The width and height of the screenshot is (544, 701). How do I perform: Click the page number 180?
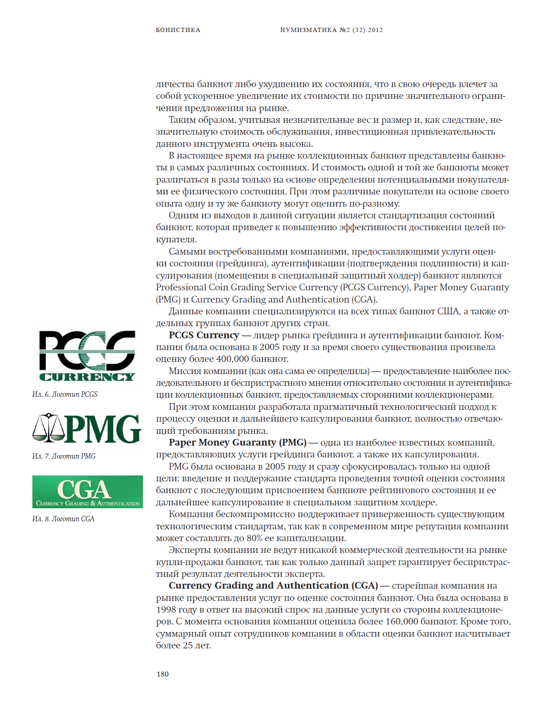tap(162, 674)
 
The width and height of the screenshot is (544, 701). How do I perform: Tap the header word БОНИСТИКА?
tap(178, 30)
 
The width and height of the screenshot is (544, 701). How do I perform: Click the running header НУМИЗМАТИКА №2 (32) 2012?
tap(331, 30)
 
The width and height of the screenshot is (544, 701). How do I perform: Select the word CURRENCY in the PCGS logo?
tap(87, 377)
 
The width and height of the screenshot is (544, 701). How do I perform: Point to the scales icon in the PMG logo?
tap(48, 428)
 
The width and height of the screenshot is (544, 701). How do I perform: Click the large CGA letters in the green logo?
tap(84, 489)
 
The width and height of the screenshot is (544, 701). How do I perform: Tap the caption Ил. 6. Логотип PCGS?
tap(65, 394)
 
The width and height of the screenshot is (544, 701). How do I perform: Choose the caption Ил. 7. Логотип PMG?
tap(64, 456)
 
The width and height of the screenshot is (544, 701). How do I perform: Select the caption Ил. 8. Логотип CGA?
tap(63, 519)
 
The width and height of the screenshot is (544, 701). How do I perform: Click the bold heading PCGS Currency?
tap(203, 335)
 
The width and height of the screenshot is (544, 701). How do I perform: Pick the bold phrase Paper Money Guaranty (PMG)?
tap(238, 443)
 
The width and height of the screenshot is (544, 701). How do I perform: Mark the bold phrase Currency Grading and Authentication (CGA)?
tap(273, 586)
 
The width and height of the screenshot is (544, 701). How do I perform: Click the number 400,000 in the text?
tap(232, 359)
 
